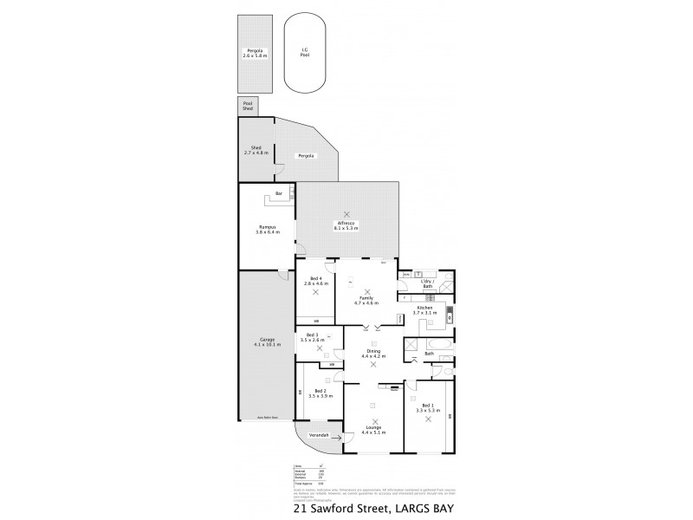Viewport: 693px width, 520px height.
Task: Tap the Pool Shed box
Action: click(x=248, y=107)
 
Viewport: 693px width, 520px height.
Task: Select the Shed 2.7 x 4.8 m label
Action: click(x=256, y=150)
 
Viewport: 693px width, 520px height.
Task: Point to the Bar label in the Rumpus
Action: click(x=279, y=193)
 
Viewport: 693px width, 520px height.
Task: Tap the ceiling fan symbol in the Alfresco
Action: click(x=347, y=214)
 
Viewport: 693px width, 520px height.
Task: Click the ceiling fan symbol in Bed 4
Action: click(x=316, y=292)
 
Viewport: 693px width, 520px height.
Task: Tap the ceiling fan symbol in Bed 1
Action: click(x=427, y=419)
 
